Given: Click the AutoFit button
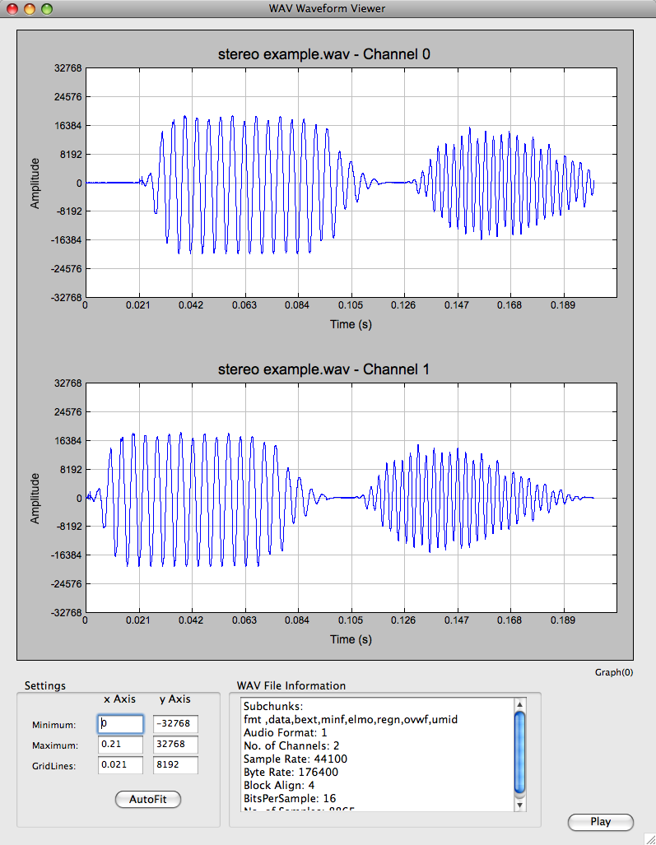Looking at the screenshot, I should click(148, 799).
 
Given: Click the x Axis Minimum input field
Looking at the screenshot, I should click(120, 724).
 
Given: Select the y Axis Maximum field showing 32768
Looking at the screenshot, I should click(175, 745).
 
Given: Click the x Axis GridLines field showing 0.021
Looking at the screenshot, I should click(120, 765).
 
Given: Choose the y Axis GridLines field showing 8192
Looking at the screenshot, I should click(175, 765).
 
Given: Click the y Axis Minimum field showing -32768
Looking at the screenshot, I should click(175, 724).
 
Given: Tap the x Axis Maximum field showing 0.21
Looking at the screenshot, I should click(120, 745).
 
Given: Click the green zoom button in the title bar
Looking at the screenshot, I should click(46, 9).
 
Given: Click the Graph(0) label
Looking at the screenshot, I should click(614, 672).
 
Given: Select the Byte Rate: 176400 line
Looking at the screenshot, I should click(291, 772).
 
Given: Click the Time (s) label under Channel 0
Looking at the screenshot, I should click(351, 324).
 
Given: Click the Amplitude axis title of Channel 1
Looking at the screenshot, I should click(35, 498).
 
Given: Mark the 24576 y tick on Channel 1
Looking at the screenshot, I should click(65, 411).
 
